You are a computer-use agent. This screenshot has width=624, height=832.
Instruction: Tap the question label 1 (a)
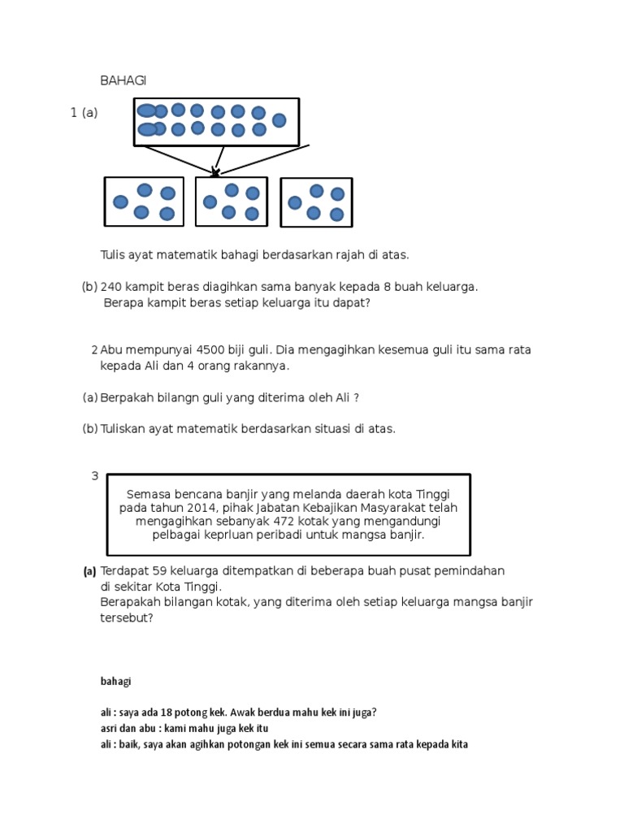point(84,113)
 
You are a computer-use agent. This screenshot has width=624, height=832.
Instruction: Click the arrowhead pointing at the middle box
point(215,172)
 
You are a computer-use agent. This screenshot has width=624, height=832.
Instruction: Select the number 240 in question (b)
point(112,287)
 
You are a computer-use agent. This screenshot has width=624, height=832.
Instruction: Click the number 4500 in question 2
point(210,350)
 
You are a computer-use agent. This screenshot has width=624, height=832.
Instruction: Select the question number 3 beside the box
point(95,476)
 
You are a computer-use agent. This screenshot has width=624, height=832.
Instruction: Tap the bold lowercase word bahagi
point(115,681)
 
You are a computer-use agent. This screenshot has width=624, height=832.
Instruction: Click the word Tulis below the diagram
point(114,255)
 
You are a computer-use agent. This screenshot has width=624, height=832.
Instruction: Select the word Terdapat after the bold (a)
point(125,571)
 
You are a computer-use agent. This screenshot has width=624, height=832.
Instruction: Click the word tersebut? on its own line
point(126,617)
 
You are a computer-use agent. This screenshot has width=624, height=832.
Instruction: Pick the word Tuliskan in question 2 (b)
point(124,429)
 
